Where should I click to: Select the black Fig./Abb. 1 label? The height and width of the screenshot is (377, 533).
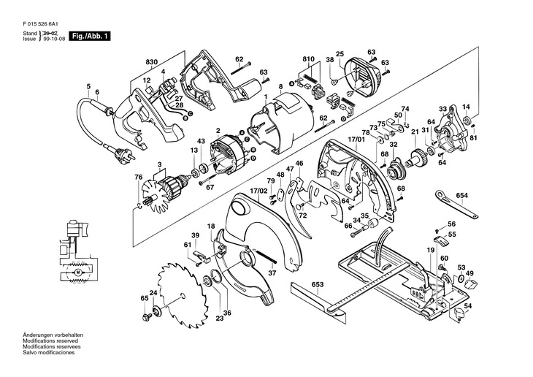[x=89, y=35]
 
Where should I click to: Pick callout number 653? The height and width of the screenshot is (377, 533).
[x=317, y=283]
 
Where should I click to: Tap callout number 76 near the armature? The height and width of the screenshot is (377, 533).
[x=138, y=178]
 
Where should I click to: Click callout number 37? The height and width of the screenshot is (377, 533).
[x=272, y=273]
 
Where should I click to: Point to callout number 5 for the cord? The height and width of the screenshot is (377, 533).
[x=88, y=87]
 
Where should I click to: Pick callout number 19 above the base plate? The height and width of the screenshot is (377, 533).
[x=421, y=250]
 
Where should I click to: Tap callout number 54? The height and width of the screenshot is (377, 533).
[x=468, y=306]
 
